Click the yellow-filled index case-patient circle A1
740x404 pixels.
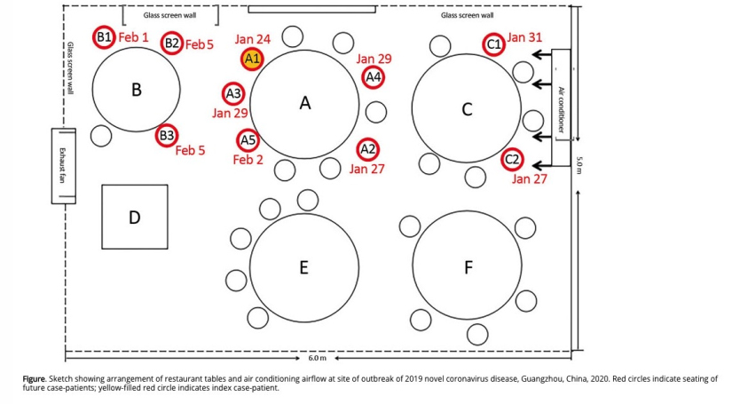(252, 59)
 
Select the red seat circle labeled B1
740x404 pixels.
(104, 37)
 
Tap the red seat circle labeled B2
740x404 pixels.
(172, 43)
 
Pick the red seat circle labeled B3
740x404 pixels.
(167, 136)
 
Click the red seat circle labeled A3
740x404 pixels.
(233, 93)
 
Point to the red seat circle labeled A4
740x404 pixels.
(374, 77)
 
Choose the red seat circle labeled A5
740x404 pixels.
(248, 140)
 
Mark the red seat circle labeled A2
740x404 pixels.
(367, 148)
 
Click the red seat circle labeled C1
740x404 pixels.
(494, 44)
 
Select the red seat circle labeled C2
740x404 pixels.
(512, 160)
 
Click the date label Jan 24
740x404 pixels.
(253, 40)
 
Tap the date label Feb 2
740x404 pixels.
(248, 160)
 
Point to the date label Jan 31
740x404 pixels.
(524, 38)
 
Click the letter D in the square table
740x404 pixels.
(134, 217)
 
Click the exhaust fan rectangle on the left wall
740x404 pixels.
(65, 166)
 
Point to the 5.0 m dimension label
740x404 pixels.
(579, 165)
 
